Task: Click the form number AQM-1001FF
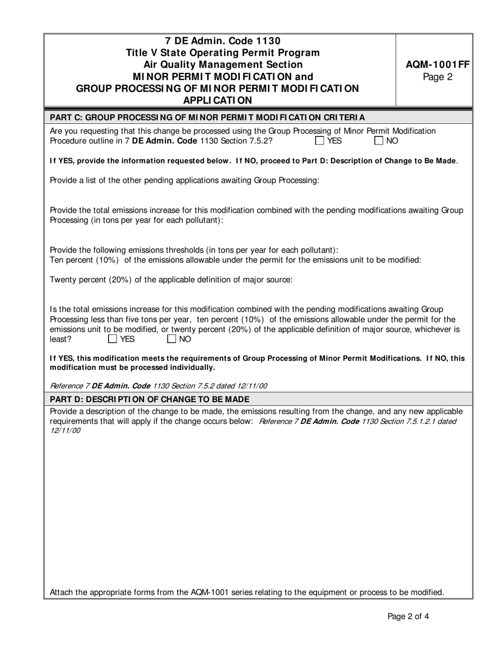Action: click(x=437, y=65)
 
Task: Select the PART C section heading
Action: click(x=207, y=117)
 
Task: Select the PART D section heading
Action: click(x=149, y=399)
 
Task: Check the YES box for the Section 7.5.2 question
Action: click(x=320, y=141)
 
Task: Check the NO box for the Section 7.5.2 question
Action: click(x=379, y=141)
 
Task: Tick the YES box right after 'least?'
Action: click(x=113, y=339)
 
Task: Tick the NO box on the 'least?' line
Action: click(x=172, y=339)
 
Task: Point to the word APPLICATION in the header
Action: click(x=218, y=100)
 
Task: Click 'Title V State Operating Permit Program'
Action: click(x=222, y=53)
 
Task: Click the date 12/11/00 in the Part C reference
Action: click(x=249, y=386)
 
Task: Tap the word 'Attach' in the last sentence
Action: click(x=61, y=592)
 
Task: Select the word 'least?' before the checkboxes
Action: click(x=60, y=339)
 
